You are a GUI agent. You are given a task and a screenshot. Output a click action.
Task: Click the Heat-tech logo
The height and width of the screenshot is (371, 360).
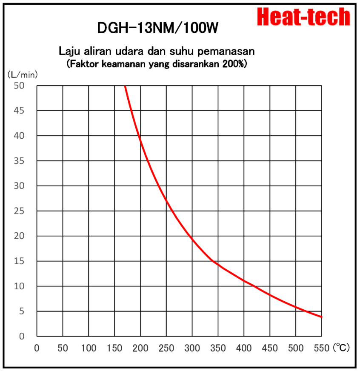click(304, 17)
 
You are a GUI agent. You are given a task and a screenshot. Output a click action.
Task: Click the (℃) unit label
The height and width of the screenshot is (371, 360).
click(342, 348)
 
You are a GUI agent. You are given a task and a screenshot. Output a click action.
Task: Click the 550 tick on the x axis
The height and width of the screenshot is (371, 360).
click(322, 348)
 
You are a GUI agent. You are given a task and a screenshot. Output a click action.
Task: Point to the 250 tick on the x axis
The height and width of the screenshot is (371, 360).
click(166, 348)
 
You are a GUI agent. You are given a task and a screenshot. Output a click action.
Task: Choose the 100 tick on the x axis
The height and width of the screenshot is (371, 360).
click(89, 348)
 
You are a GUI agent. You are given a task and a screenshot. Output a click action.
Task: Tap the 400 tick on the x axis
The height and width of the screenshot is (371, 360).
click(244, 348)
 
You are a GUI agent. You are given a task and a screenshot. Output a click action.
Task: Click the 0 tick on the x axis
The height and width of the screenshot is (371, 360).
click(37, 348)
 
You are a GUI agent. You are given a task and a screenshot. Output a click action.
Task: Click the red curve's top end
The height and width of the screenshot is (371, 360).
click(125, 86)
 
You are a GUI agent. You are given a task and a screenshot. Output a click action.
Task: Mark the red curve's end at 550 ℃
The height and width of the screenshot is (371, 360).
click(322, 317)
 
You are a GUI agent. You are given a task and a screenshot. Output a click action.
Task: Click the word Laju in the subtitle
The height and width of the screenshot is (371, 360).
click(69, 51)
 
